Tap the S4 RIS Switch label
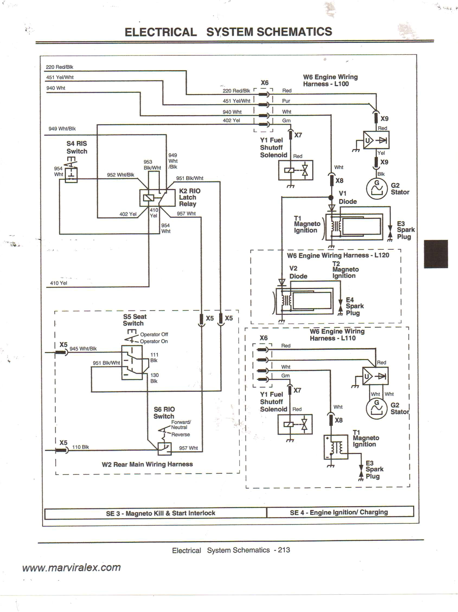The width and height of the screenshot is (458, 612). (x=76, y=147)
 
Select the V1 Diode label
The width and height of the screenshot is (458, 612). (x=347, y=197)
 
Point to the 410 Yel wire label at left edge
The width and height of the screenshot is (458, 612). (x=58, y=283)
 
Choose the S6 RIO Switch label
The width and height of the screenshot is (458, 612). (x=164, y=412)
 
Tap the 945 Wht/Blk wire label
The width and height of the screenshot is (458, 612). (x=83, y=349)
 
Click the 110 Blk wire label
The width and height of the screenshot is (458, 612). (x=80, y=447)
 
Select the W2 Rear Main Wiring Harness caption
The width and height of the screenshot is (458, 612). (x=147, y=464)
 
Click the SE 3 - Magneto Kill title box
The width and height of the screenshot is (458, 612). (x=160, y=513)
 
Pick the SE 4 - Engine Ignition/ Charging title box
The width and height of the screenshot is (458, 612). (x=339, y=512)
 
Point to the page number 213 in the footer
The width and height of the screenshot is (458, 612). (x=284, y=550)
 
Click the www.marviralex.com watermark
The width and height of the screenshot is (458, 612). (x=72, y=567)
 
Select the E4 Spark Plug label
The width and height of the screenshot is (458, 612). (x=354, y=306)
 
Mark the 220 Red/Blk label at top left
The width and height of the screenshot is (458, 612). (x=59, y=67)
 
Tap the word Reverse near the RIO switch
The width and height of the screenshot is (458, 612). (x=180, y=434)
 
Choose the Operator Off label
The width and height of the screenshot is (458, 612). (x=154, y=334)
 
